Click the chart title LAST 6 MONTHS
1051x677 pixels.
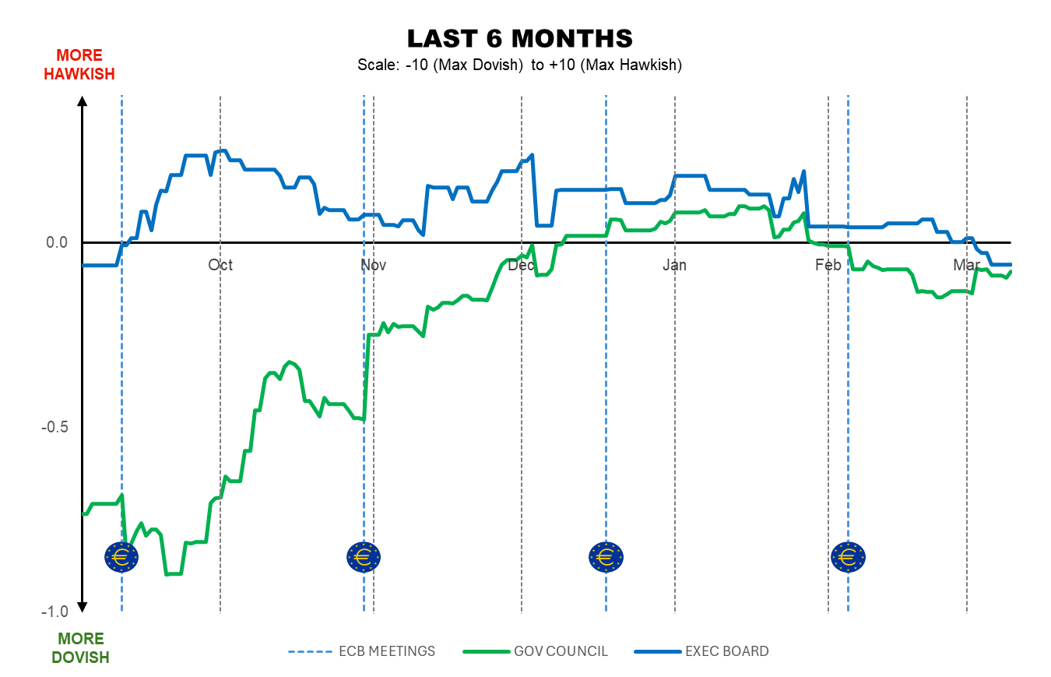[x=519, y=38]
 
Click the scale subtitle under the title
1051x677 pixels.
[x=519, y=65]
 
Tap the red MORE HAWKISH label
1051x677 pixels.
[x=79, y=65]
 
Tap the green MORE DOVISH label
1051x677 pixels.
[x=80, y=648]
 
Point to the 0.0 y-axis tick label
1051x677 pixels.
[x=56, y=243]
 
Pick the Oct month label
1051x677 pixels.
[x=220, y=266]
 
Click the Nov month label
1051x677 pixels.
[x=374, y=266]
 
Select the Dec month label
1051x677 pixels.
[x=521, y=266]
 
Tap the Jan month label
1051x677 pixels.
[x=674, y=266]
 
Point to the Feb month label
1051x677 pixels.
[x=828, y=266]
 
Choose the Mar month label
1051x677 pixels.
[x=967, y=266]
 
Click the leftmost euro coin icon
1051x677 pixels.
[x=121, y=556]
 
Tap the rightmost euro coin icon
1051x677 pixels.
[x=848, y=556]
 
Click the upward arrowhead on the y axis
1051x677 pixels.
[x=83, y=100]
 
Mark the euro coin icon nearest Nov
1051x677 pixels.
[x=363, y=556]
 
